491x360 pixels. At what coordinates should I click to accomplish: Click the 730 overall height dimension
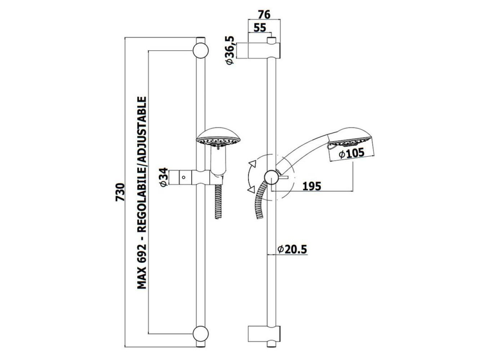click(120, 192)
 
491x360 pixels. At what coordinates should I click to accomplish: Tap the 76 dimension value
click(264, 15)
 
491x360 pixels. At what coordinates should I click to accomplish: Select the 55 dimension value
click(260, 28)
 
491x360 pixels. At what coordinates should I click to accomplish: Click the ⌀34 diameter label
click(164, 177)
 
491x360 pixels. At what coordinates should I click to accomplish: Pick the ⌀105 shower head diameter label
click(351, 154)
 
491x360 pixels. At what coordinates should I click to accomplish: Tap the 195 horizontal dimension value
click(312, 186)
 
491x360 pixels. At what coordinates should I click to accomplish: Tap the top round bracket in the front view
click(201, 51)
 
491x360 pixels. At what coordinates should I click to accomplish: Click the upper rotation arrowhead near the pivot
click(253, 164)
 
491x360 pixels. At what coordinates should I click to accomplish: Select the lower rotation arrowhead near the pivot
click(251, 189)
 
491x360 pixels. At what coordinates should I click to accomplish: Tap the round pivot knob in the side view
click(272, 177)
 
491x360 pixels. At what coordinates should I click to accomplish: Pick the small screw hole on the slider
click(183, 177)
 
